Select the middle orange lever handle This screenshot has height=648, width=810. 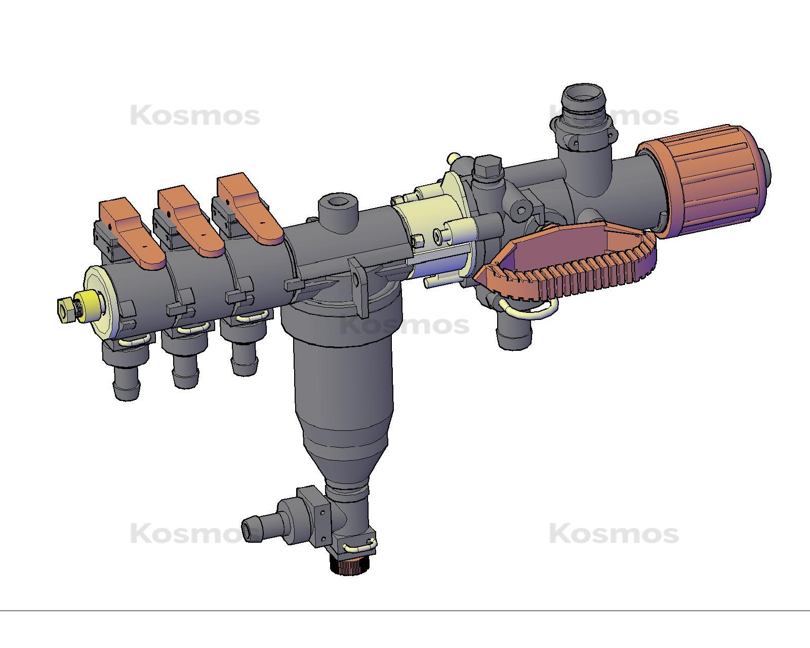[x=191, y=220]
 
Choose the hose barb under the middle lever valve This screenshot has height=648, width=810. [x=185, y=375]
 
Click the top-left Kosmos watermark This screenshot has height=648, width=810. [x=195, y=116]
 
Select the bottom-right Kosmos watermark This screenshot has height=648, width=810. [x=614, y=534]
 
